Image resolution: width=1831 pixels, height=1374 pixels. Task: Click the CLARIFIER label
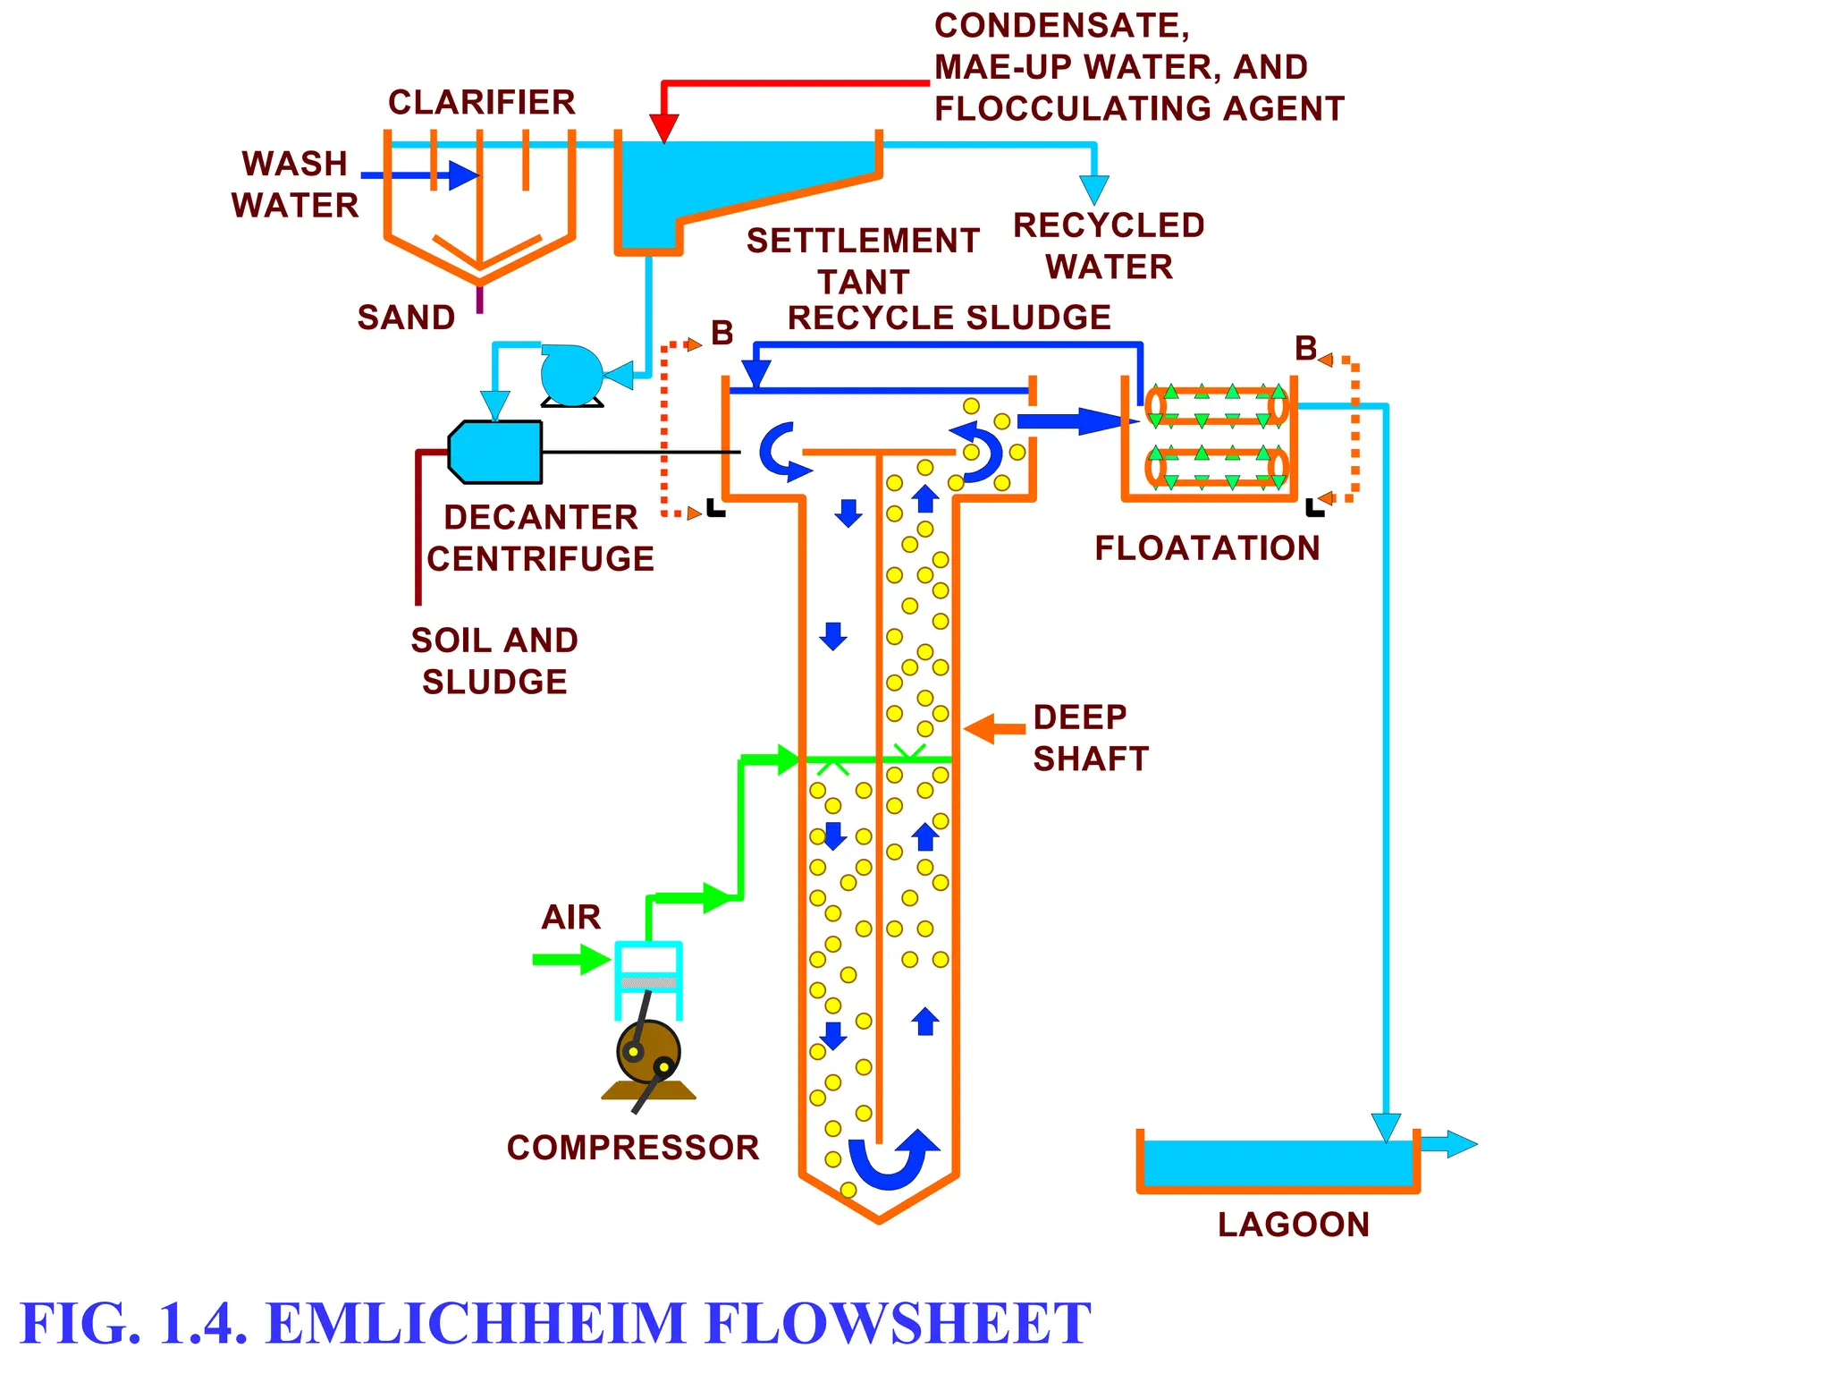tap(481, 102)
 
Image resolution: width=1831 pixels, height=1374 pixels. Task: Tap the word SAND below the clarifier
tap(406, 318)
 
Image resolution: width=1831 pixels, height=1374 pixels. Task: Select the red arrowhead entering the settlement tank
tap(663, 128)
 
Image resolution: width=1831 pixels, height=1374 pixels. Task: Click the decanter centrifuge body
tap(496, 452)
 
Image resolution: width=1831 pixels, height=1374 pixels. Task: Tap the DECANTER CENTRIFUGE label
tap(540, 538)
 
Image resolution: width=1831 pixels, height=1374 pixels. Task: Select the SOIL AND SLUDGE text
tap(494, 660)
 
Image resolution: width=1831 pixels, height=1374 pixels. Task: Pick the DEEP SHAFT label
tap(1090, 737)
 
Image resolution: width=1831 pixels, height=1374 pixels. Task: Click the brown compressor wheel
tap(648, 1052)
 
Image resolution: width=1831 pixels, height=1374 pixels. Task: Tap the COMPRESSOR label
tap(632, 1148)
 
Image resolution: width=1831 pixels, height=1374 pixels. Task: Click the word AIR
tap(570, 917)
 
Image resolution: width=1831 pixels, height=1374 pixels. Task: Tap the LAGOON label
tap(1293, 1225)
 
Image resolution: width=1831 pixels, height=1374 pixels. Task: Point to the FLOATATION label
tap(1207, 548)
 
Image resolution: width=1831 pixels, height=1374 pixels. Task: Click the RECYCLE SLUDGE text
tap(949, 318)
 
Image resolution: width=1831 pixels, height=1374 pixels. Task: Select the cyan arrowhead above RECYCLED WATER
tap(1093, 189)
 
